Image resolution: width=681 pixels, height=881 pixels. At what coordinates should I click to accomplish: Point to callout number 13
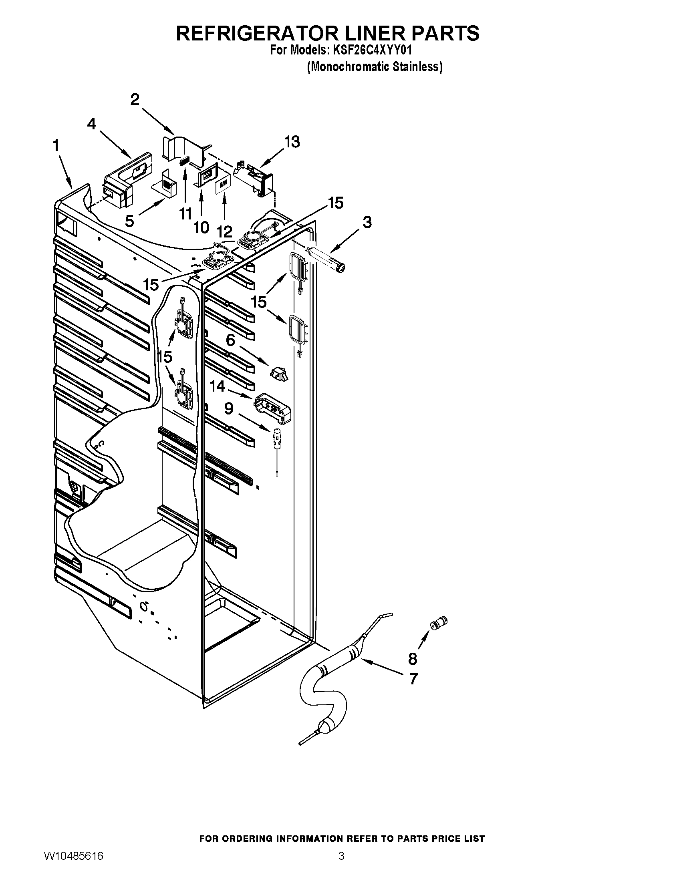(292, 142)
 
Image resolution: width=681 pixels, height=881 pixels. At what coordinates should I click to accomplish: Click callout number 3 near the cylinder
(367, 222)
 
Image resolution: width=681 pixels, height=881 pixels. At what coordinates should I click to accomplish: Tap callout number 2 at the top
(135, 99)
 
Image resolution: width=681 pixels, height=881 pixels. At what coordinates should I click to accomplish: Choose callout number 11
(185, 214)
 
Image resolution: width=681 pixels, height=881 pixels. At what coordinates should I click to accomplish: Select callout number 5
(129, 221)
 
